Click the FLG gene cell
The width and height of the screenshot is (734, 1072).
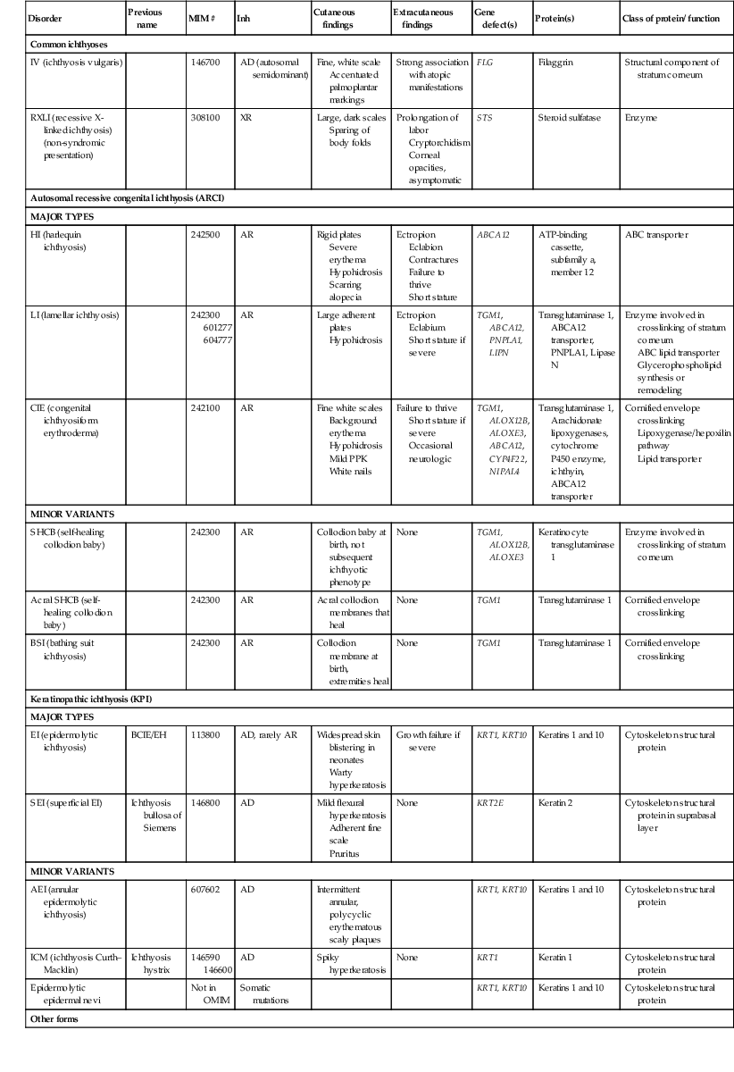(x=485, y=63)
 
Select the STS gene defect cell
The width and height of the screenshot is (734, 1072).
(x=484, y=117)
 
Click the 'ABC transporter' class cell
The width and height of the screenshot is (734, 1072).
(x=663, y=235)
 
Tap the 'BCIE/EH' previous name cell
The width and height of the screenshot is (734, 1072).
(x=148, y=735)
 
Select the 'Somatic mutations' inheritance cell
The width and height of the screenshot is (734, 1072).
(x=260, y=994)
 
